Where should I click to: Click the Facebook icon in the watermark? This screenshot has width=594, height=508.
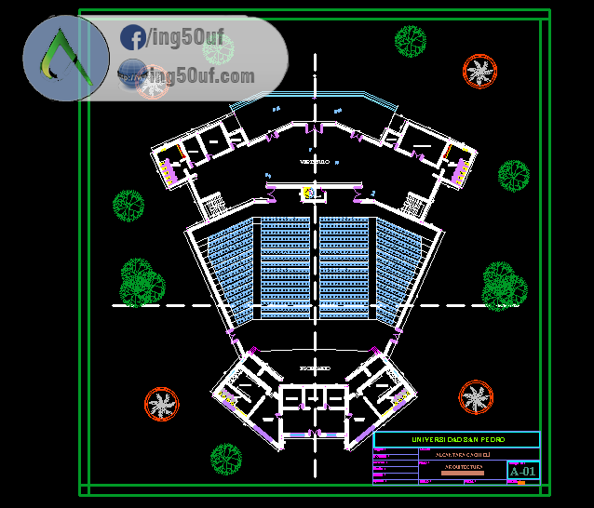click(x=132, y=39)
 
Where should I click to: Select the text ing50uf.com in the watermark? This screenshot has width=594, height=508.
click(x=201, y=74)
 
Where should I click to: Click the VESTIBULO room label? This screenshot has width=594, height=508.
click(x=315, y=162)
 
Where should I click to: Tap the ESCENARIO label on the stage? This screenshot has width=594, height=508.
click(x=314, y=369)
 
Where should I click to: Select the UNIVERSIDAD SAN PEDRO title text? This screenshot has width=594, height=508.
click(x=456, y=439)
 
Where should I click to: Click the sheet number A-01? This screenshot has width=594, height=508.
click(x=523, y=472)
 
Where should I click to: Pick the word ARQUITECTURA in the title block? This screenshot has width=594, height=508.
click(x=462, y=465)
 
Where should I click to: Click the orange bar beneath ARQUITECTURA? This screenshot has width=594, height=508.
click(x=462, y=473)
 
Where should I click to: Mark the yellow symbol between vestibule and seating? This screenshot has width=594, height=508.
click(x=305, y=193)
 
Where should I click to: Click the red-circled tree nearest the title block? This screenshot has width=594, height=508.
click(x=476, y=397)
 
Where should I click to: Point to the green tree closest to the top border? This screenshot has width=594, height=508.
click(x=411, y=40)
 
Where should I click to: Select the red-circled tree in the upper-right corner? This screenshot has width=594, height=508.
click(x=479, y=71)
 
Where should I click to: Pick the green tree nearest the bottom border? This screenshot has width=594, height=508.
click(x=225, y=458)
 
